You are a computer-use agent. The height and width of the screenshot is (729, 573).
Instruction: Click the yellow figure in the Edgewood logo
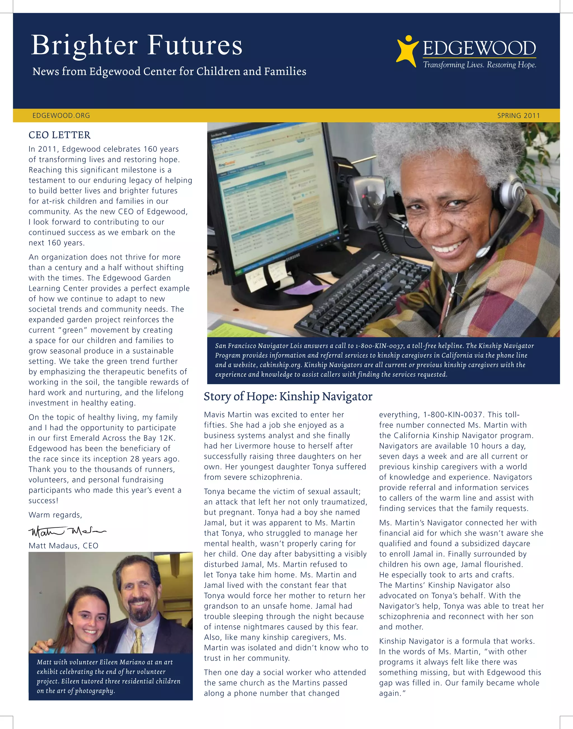pos(407,51)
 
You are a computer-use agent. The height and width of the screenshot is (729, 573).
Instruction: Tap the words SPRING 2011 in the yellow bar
pos(518,116)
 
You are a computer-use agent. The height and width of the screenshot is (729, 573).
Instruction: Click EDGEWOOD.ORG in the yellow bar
pos(61,116)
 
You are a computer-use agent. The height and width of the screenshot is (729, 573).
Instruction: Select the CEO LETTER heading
pos(59,135)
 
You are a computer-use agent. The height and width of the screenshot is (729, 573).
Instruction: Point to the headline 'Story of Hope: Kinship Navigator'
pos(288,397)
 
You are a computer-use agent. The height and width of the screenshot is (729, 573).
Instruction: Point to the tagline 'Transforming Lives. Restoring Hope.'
pos(479,65)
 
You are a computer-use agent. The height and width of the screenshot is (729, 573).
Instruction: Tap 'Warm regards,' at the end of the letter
pos(55,515)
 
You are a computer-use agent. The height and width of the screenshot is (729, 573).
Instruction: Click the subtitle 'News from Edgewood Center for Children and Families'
pos(169,71)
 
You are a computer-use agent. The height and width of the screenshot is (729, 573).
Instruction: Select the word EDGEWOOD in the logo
pos(479,48)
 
